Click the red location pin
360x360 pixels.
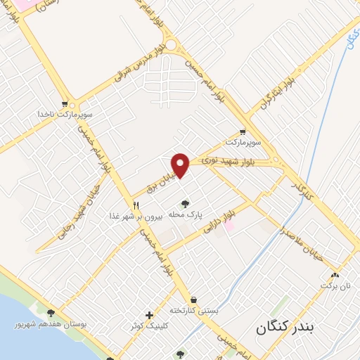coord(181,165)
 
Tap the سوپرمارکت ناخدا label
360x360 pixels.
coord(65,112)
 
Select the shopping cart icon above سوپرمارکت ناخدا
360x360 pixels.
coord(65,103)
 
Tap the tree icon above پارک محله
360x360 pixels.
coord(186,203)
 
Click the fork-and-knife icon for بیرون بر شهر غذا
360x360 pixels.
coord(136,205)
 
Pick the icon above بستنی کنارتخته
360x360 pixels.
coord(193,300)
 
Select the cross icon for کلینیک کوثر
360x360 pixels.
coord(148,315)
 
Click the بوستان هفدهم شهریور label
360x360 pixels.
coord(51,324)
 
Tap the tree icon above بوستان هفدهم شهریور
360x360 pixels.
coord(51,314)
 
